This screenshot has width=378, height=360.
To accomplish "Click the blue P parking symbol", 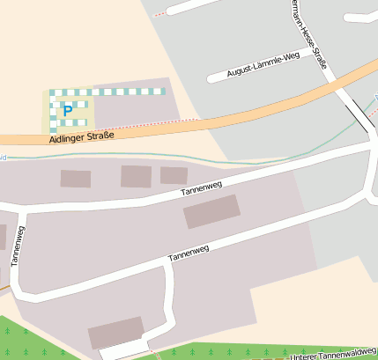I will click(67, 111).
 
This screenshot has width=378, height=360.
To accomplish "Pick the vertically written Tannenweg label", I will click(17, 246).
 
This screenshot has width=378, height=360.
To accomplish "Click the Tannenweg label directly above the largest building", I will click(201, 187).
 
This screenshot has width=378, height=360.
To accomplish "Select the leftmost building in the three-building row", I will click(76, 179).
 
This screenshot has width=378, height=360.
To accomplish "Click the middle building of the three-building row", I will click(136, 176).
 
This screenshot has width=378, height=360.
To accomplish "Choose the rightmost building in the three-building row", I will click(174, 175).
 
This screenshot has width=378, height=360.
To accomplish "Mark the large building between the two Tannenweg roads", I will click(211, 211).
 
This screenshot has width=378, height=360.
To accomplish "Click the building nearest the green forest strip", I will click(115, 334).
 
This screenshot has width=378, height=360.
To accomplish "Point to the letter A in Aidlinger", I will click(54, 139).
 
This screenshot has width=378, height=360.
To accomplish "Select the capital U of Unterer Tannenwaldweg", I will click(291, 356).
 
